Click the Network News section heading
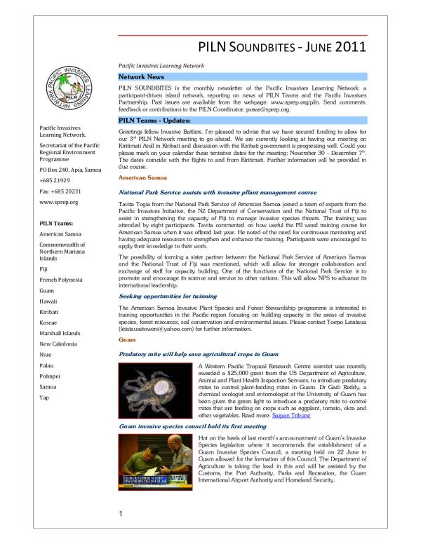point(142,76)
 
